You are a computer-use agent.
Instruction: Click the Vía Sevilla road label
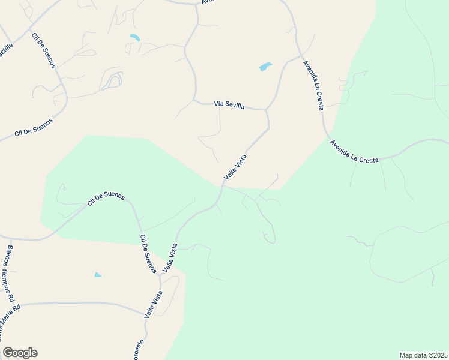(229, 104)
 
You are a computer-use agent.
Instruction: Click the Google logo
(20, 353)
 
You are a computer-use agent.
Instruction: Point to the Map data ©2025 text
(423, 355)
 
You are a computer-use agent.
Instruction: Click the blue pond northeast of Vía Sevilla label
(265, 67)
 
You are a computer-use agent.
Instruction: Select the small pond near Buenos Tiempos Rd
(98, 275)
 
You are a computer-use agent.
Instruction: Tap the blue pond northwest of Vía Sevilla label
(134, 38)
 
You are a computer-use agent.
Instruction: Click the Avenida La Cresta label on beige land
(313, 84)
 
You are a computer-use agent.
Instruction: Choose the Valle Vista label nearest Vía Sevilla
(235, 166)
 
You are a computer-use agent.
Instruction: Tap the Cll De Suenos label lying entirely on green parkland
(106, 199)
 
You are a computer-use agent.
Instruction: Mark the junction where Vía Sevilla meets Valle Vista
(266, 110)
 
